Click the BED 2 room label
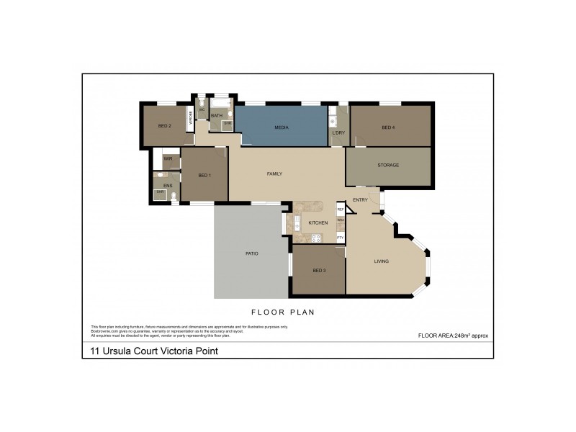[x=164, y=126]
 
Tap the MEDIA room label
[x=282, y=127]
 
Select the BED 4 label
[x=388, y=127]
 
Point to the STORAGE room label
[x=388, y=166]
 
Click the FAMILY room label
[x=274, y=174]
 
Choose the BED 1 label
[x=204, y=176]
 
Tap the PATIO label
[x=251, y=253]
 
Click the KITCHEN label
[x=318, y=223]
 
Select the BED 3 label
[x=320, y=270]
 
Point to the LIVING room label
[x=382, y=261]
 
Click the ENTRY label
[x=360, y=200]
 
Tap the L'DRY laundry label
[x=338, y=133]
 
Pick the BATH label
[x=216, y=115]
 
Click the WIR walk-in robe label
[x=168, y=158]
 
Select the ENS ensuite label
[x=168, y=186]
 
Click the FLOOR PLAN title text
[x=283, y=312]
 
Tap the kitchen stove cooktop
[x=316, y=238]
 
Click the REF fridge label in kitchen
[x=341, y=210]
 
